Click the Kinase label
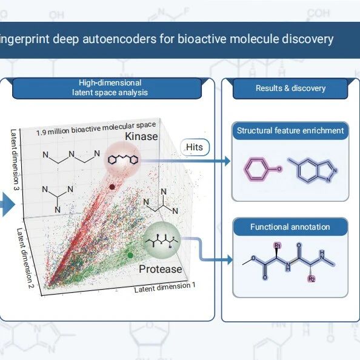[141, 136]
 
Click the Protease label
[160, 269]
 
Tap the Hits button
[195, 147]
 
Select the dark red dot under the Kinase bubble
[112, 187]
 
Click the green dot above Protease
[130, 255]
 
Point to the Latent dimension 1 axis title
[165, 287]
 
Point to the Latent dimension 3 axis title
[15, 159]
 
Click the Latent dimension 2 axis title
[25, 258]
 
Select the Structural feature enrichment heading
[290, 131]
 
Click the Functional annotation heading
[290, 227]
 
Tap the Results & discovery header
[290, 88]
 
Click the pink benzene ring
[255, 170]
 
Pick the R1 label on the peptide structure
[278, 246]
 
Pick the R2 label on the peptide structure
[312, 279]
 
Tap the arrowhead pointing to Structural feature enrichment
[227, 161]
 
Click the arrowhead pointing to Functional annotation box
[230, 260]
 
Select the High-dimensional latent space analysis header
[110, 88]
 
